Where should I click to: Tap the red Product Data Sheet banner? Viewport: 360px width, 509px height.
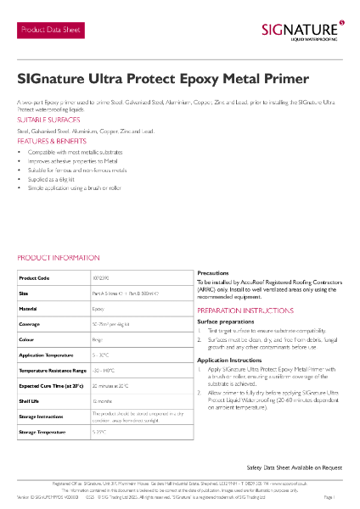point(53,31)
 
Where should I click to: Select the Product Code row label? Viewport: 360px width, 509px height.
point(35,277)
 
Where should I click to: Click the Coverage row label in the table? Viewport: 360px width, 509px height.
point(32,324)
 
